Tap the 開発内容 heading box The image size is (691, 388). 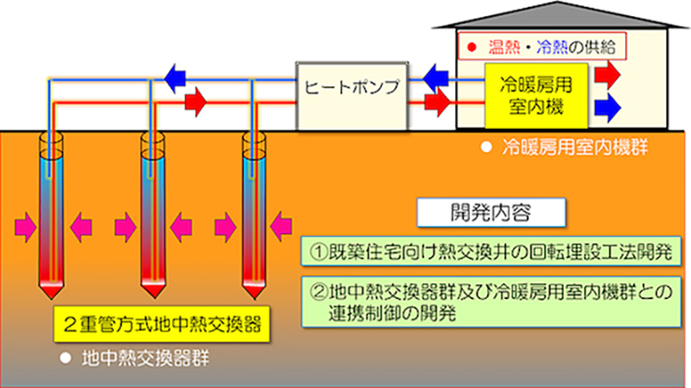491,211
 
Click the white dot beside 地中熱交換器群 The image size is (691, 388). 62,357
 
